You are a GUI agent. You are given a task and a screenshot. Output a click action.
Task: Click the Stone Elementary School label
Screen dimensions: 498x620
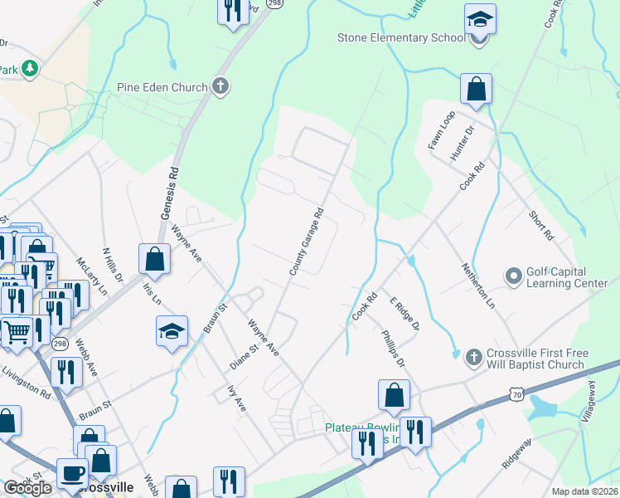[x=402, y=37]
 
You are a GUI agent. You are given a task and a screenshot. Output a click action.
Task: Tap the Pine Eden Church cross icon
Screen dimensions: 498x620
[x=220, y=85]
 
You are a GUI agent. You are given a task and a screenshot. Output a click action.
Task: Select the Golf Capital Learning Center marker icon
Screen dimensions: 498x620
[x=513, y=275]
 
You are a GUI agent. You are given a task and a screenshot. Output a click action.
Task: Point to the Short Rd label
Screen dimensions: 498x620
[x=540, y=224]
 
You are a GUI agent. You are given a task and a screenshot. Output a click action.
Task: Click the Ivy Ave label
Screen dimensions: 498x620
[x=236, y=398]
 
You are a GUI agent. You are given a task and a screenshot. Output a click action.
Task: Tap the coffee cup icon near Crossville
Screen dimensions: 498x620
[x=72, y=473]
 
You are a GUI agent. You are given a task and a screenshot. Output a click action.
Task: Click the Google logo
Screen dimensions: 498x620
[x=27, y=488]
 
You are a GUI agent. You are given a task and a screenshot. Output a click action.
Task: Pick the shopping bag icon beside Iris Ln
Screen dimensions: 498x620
[x=155, y=259]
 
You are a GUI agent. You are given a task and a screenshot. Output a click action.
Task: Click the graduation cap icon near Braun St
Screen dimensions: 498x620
[x=172, y=332]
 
